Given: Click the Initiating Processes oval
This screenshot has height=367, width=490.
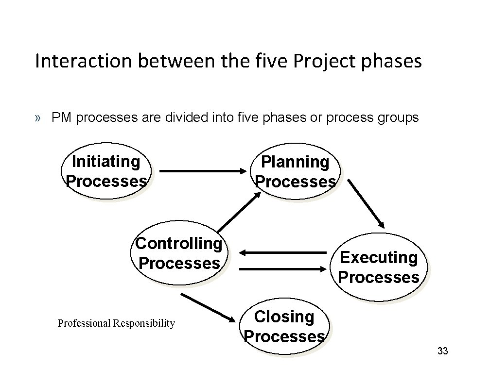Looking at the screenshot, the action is pos(106,171).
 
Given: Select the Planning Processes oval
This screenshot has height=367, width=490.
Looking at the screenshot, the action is pos(296,171).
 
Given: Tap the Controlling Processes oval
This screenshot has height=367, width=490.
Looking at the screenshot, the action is pos(179,253).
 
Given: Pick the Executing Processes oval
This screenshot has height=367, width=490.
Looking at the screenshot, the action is pos(378,267).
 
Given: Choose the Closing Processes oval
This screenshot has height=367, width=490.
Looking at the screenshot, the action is pos(284,326).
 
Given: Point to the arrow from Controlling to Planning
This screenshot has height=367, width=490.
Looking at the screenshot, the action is pos(238,211).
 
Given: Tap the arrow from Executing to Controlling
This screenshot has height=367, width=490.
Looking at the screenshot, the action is pos(284,252).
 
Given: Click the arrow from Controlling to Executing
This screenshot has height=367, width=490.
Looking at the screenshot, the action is pos(284,268).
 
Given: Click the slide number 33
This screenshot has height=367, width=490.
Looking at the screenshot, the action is pos(442,351).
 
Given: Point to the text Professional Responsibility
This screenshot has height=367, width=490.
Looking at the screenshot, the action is pos(116,323).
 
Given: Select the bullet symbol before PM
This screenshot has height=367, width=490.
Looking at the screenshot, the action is pos(38,118).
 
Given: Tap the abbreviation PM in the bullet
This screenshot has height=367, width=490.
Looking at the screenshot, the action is pos(62,117).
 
